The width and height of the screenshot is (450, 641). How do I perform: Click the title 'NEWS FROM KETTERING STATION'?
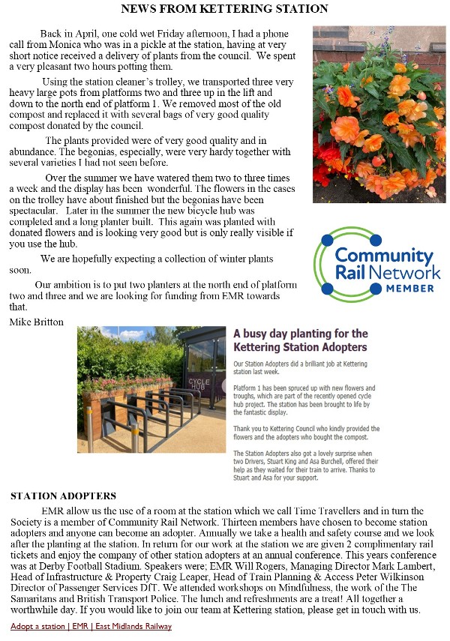click(x=225, y=9)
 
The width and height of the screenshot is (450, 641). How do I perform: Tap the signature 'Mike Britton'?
click(x=37, y=322)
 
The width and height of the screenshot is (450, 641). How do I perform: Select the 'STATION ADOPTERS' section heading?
click(x=63, y=496)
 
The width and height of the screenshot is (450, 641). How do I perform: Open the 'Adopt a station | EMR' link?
click(x=91, y=626)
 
